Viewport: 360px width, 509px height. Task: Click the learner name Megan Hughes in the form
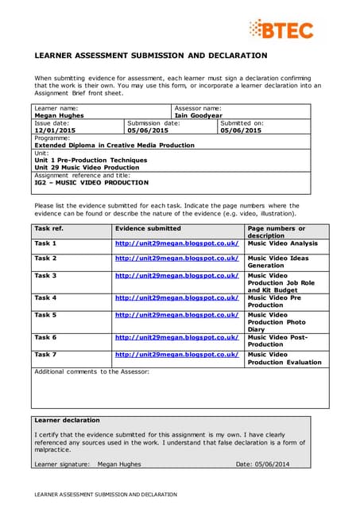coord(60,115)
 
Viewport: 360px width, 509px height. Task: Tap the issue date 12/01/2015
coord(55,130)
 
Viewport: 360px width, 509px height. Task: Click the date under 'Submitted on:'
coord(242,130)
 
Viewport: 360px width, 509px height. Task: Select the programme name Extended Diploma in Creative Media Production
coord(114,146)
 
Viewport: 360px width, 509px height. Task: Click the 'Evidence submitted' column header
coord(147,228)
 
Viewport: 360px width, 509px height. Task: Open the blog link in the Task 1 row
coord(176,243)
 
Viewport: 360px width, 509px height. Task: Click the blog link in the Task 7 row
coord(176,355)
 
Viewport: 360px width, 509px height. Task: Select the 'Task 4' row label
coord(45,297)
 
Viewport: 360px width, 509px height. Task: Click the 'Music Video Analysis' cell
coord(282,243)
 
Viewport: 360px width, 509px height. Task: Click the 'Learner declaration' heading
coord(67,420)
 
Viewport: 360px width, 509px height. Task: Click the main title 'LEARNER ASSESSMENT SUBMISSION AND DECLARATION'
coord(150,56)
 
